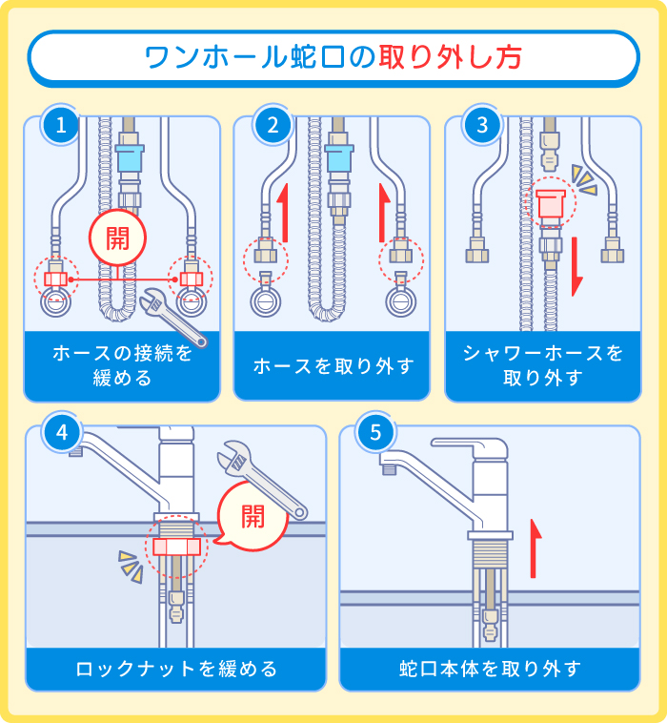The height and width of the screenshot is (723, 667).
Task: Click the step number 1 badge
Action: (62, 126)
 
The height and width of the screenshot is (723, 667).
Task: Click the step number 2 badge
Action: (273, 126)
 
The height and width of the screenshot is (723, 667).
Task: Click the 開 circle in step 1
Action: (118, 238)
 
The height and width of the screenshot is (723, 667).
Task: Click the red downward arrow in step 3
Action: (576, 269)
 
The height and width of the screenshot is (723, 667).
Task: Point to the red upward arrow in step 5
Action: (536, 548)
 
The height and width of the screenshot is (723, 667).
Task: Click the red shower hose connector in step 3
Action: (551, 203)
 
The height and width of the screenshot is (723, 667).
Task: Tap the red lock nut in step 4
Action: (173, 547)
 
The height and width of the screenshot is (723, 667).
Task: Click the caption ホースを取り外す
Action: (333, 365)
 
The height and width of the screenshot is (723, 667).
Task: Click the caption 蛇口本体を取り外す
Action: (490, 669)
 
